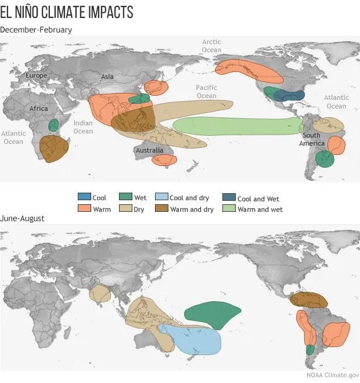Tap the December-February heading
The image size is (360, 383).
(36, 30)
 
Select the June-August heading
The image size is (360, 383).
(22, 218)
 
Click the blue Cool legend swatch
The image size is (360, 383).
(84, 198)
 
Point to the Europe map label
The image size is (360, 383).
(36, 76)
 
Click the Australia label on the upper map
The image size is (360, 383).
(149, 150)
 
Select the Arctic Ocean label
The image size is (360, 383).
(211, 46)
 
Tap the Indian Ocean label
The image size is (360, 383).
(83, 127)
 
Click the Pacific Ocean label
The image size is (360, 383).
(206, 92)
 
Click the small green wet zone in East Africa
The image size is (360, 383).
(53, 125)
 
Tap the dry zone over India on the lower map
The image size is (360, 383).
(100, 294)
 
